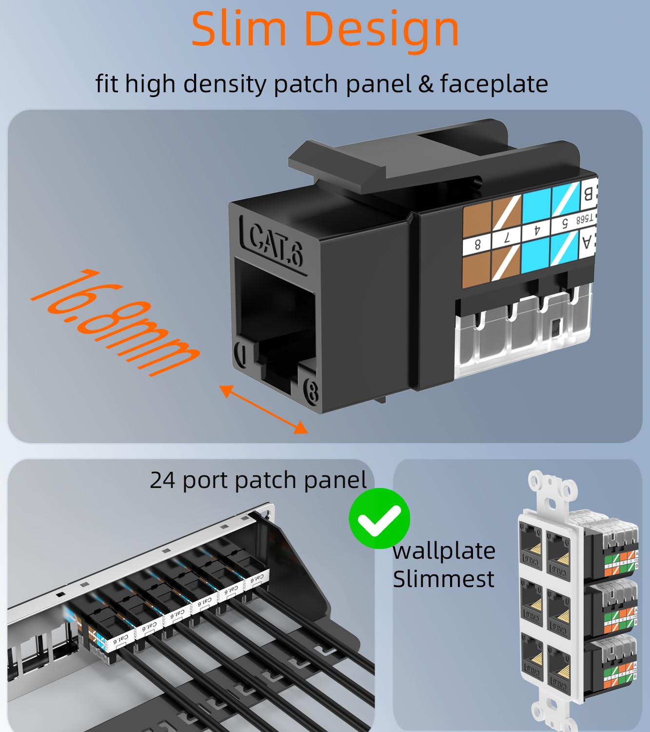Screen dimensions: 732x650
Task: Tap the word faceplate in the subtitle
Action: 494,83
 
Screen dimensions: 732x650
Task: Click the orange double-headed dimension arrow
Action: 264,409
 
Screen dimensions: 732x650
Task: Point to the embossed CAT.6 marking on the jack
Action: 276,245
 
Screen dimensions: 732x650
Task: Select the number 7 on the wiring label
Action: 506,239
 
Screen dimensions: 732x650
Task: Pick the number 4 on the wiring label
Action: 536,231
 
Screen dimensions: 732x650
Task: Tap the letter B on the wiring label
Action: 589,194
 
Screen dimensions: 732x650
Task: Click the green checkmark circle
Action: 379,518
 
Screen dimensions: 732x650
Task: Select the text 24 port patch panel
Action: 258,480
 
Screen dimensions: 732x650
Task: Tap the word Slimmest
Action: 443,579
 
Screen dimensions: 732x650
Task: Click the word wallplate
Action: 444,551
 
